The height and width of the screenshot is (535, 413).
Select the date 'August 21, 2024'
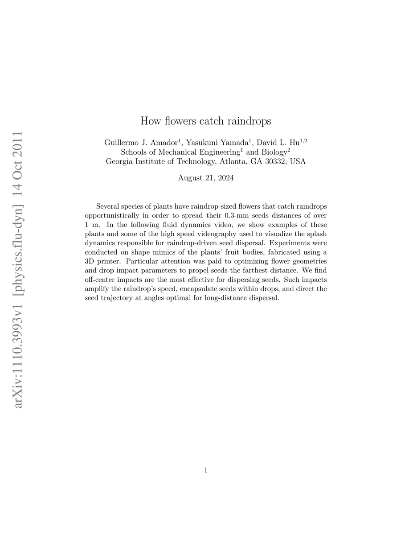pos(206,178)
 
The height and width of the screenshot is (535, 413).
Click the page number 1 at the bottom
pos(206,470)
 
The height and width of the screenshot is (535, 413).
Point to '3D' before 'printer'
pos(90,262)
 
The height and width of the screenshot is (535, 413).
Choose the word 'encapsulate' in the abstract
pos(199,289)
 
